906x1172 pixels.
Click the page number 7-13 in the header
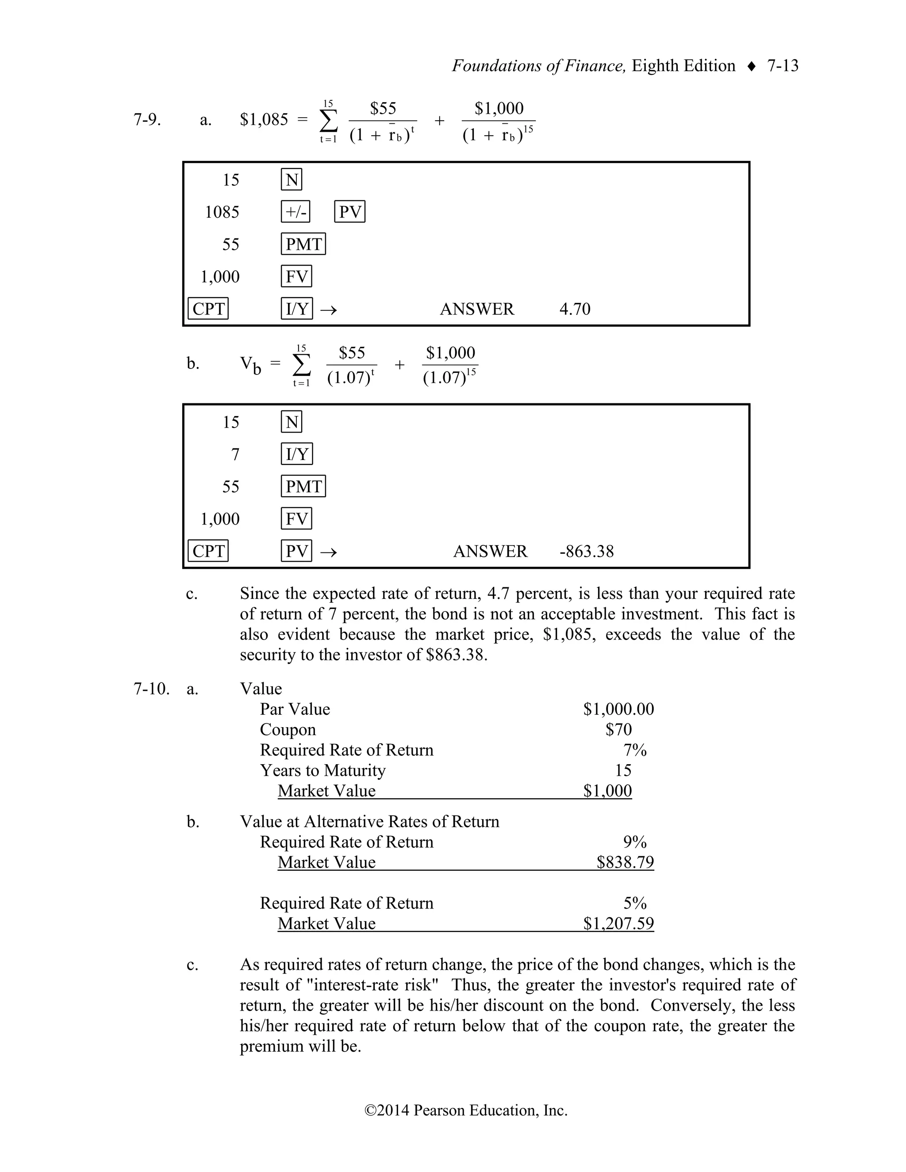coord(783,66)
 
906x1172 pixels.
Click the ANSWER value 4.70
coord(574,309)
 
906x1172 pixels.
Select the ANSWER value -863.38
coord(586,552)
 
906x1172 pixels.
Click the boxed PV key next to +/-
coord(349,212)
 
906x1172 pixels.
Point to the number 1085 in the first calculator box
coord(222,212)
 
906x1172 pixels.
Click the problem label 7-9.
coord(146,119)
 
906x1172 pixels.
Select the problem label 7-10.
coord(151,689)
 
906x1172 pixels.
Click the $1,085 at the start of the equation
coord(264,119)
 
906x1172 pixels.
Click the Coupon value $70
coord(618,730)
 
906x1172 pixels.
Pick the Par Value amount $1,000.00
coord(618,709)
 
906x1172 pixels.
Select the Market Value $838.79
coord(625,862)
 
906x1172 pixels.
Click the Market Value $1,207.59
coord(618,923)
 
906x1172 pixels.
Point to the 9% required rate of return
coord(634,842)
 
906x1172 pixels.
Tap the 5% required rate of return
coord(634,903)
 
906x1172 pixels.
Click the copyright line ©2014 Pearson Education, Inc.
coord(465,1110)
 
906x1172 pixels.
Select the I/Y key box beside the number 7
coord(297,455)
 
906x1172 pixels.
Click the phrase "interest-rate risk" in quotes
coord(372,985)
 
